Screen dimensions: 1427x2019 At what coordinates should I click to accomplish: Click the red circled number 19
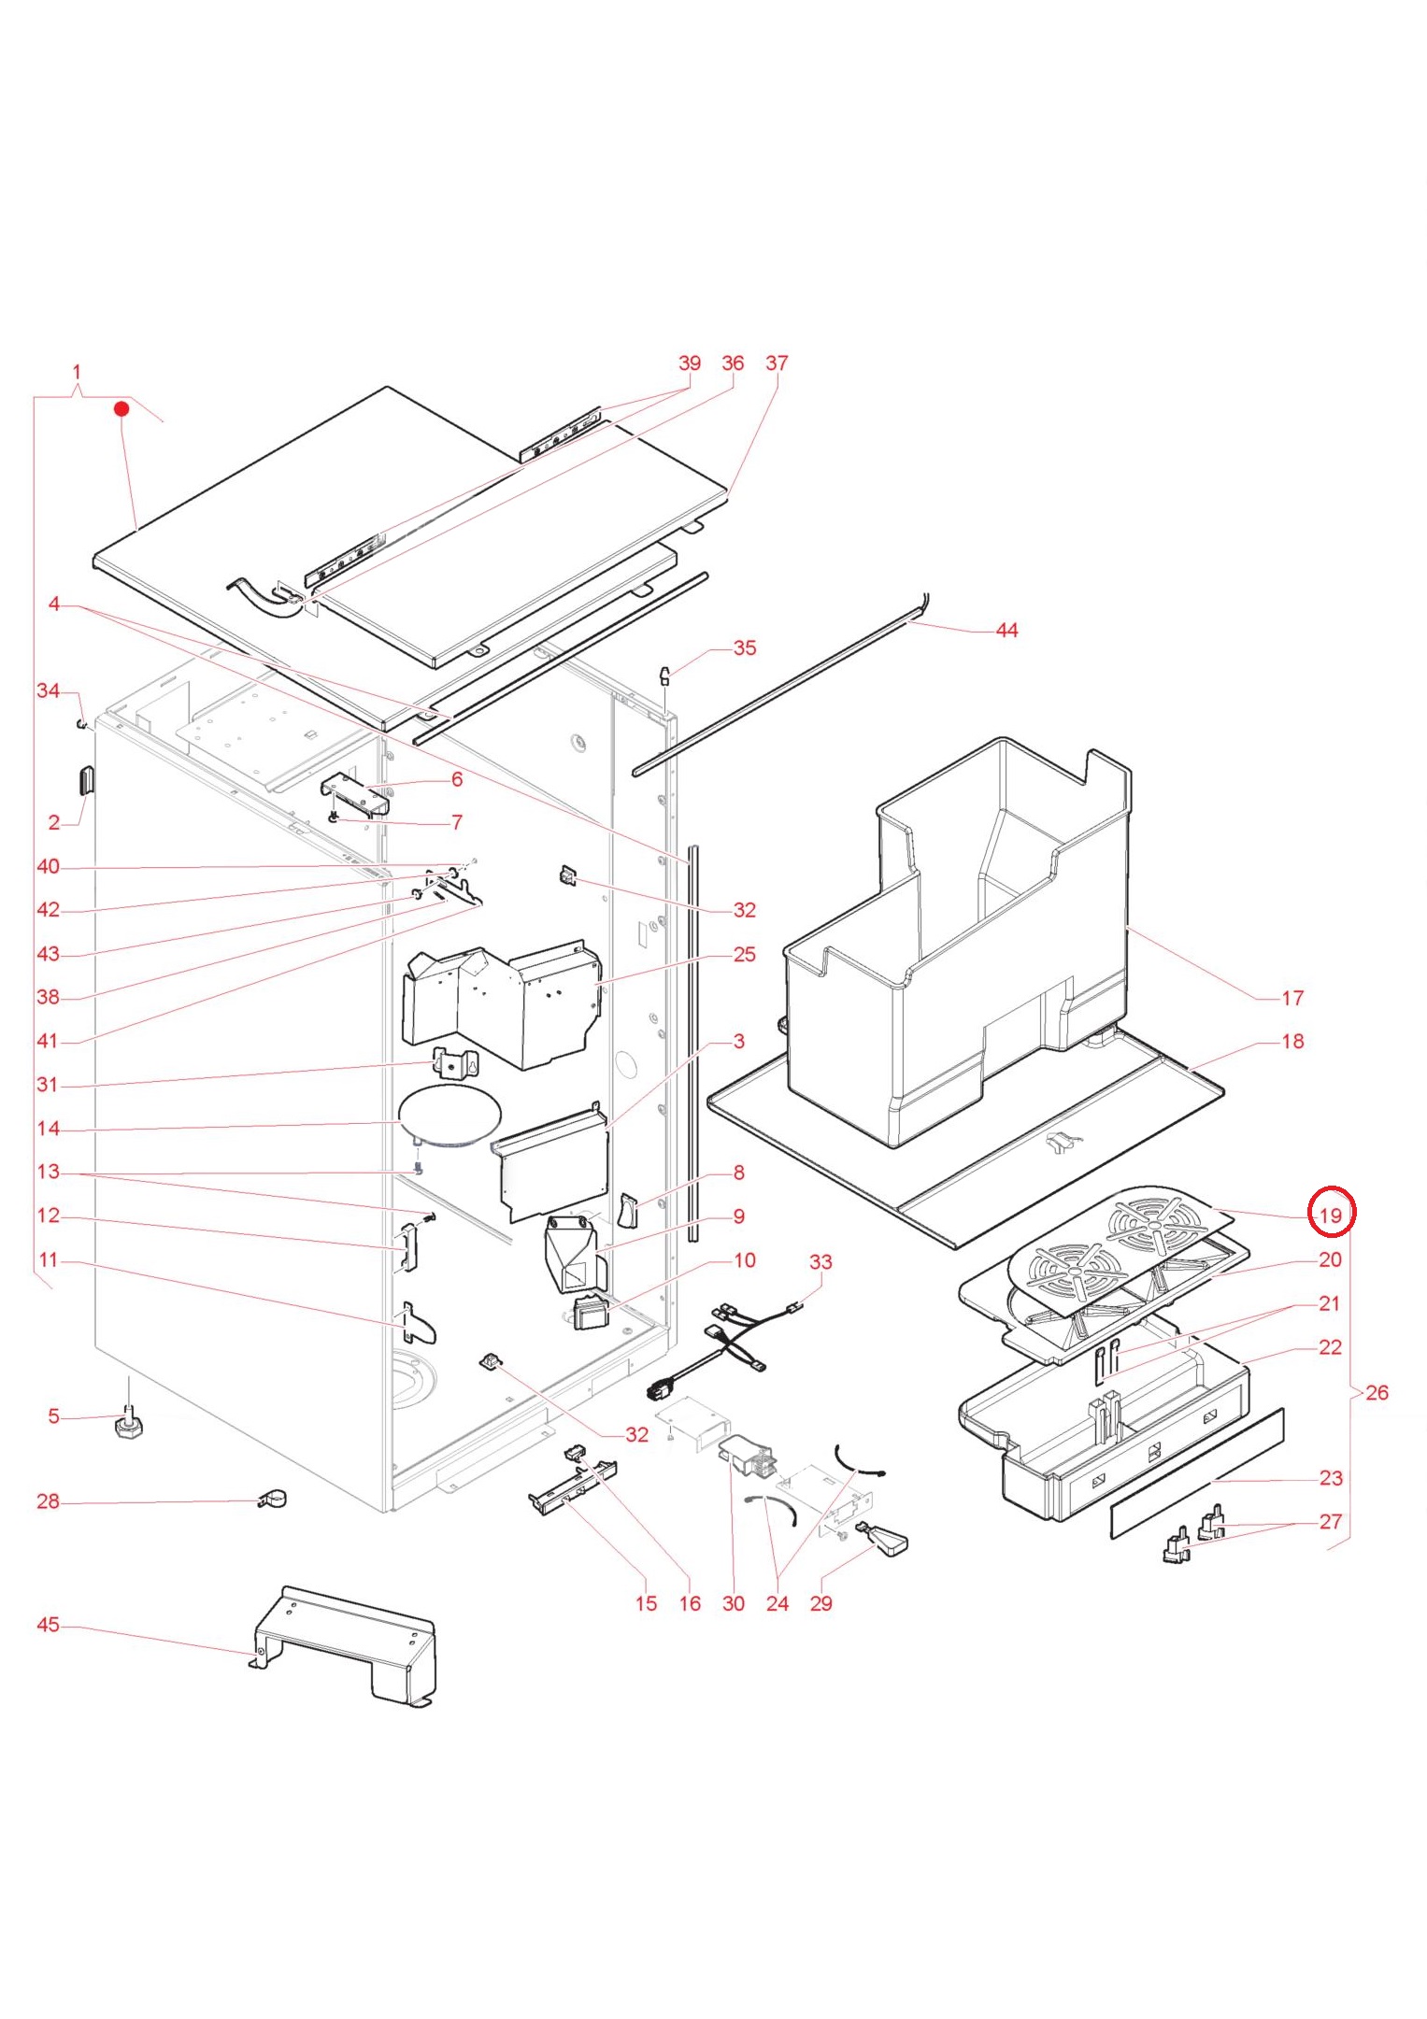pyautogui.click(x=1330, y=1215)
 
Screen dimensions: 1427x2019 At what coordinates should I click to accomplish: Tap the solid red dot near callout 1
pyautogui.click(x=121, y=408)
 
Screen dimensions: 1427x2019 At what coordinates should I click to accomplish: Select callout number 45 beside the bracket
pyautogui.click(x=48, y=1625)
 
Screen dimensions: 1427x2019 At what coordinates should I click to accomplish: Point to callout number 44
pyautogui.click(x=1006, y=631)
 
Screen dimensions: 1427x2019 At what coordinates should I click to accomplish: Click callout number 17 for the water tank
pyautogui.click(x=1292, y=998)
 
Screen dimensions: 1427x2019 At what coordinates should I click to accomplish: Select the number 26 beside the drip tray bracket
pyautogui.click(x=1377, y=1392)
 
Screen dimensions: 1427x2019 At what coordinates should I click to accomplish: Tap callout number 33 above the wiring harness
pyautogui.click(x=821, y=1262)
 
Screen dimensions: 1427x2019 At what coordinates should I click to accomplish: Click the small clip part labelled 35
pyautogui.click(x=666, y=675)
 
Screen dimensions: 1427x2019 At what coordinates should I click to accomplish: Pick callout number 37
pyautogui.click(x=777, y=363)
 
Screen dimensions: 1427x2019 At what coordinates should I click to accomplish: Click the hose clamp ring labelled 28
pyautogui.click(x=272, y=1499)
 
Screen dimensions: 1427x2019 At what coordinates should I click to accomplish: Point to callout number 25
pyautogui.click(x=744, y=954)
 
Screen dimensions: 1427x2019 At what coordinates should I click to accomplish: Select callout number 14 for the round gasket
pyautogui.click(x=48, y=1129)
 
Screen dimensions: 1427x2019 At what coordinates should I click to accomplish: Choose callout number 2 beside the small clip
pyautogui.click(x=53, y=822)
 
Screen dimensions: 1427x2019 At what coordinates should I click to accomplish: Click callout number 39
pyautogui.click(x=690, y=363)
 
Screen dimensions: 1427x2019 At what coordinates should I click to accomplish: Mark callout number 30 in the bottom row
pyautogui.click(x=734, y=1603)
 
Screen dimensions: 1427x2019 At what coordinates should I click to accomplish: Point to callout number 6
pyautogui.click(x=457, y=779)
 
